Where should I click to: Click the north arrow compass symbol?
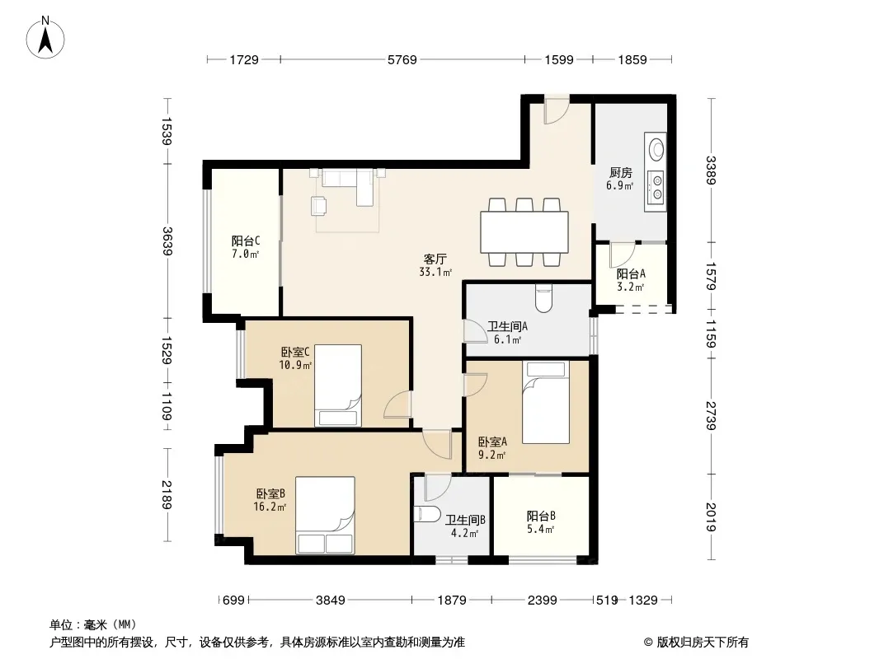45,38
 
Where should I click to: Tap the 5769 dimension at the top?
402,59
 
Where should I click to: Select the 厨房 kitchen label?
621,173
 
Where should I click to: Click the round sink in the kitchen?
656,149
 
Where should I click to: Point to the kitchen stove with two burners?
656,187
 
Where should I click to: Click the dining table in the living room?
524,231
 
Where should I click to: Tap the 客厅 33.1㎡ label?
435,265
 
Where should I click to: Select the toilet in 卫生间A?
543,298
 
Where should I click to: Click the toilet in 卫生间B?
428,513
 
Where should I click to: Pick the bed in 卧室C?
337,386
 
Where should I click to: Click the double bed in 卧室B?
325,515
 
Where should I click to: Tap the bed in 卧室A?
545,402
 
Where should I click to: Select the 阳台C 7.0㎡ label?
246,247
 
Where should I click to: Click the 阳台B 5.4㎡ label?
540,522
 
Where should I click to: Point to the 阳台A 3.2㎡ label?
631,280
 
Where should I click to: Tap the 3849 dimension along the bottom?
330,601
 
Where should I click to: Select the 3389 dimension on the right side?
711,171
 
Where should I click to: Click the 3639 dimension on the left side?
167,241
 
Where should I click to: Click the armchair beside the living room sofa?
319,205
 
